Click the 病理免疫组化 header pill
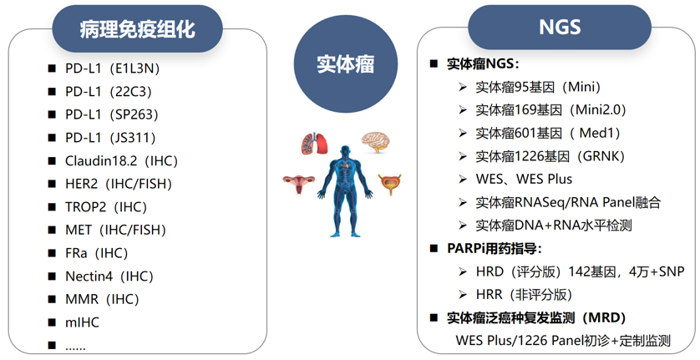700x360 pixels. pos(137,30)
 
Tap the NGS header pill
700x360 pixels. pos(559,28)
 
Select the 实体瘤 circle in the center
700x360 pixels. pos(345,63)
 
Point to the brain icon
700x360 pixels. pos(377,141)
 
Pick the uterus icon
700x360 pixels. pos(297,184)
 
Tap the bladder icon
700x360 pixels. pos(388,183)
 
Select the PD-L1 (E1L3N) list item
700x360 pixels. pos(110,68)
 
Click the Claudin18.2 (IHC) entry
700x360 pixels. pos(121,160)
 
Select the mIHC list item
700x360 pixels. pos(81,322)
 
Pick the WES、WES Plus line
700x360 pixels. pos(524,179)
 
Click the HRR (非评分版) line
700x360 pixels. pos(524,294)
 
